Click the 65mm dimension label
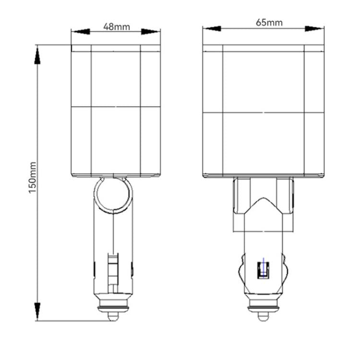tap(269, 23)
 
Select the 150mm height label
tap(32, 177)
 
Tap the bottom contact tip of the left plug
tap(112, 316)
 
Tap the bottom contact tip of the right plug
tap(263, 316)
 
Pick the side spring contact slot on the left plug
tap(112, 271)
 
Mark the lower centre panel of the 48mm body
tap(116, 139)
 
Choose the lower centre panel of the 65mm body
tap(264, 144)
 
